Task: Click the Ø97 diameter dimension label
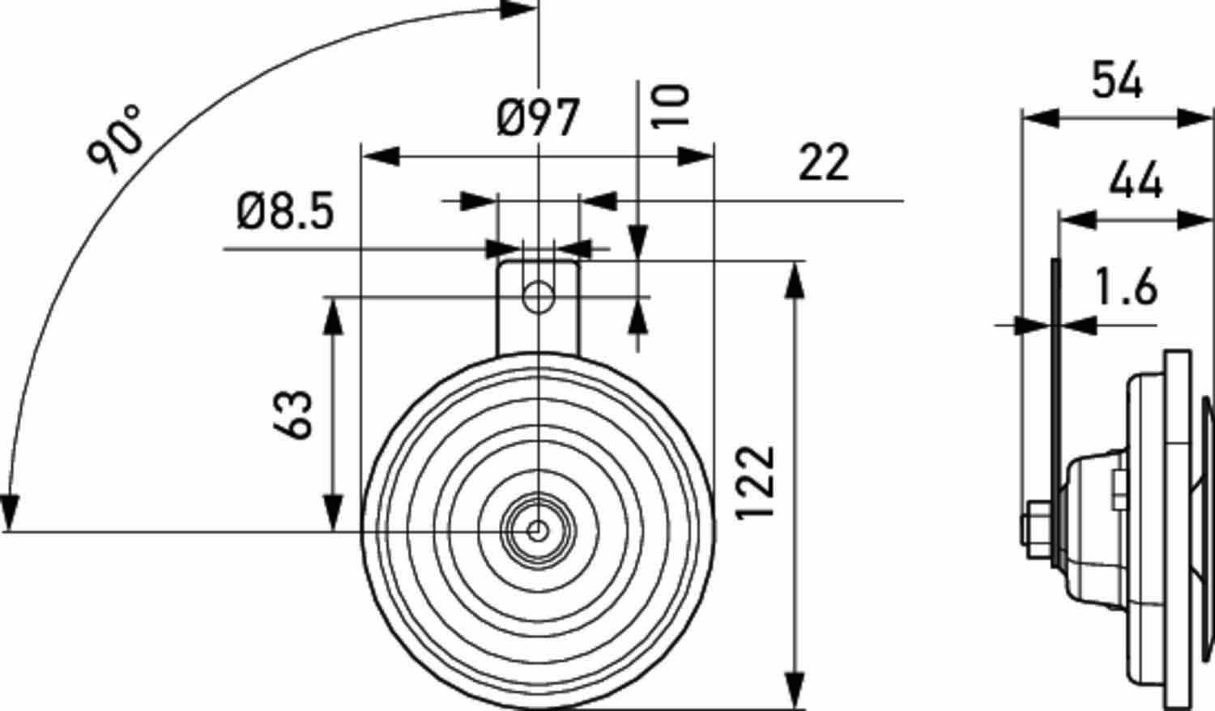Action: click(x=539, y=119)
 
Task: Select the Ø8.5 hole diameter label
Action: click(x=285, y=212)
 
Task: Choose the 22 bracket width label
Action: click(x=824, y=162)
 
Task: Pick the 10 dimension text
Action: click(x=671, y=105)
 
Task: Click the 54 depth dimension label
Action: click(x=1117, y=81)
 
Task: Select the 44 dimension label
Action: click(x=1136, y=181)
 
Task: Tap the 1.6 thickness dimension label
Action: click(x=1125, y=287)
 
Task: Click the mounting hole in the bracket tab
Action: click(x=537, y=297)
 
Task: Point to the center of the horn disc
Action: click(x=537, y=531)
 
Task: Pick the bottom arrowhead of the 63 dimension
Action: click(x=332, y=512)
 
